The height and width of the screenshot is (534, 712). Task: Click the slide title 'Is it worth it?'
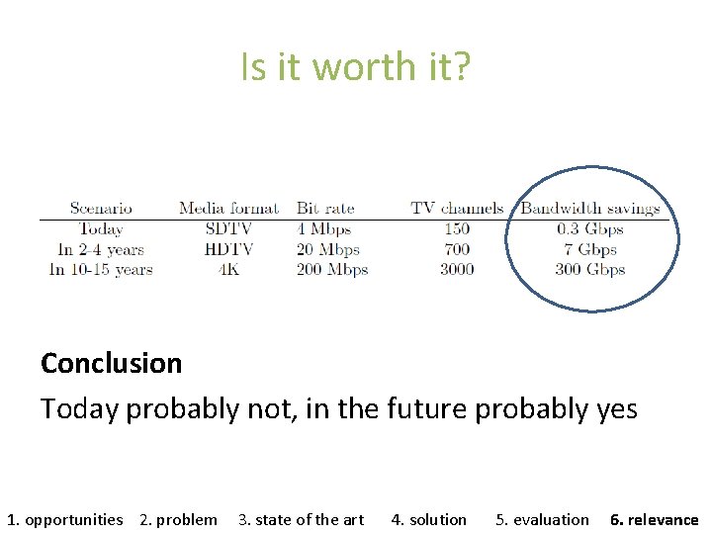pyautogui.click(x=356, y=67)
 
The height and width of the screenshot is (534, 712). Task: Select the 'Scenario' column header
pyautogui.click(x=101, y=209)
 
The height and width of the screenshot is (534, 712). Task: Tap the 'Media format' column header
pyautogui.click(x=228, y=209)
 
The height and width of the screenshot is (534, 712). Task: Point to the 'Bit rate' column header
pyautogui.click(x=325, y=209)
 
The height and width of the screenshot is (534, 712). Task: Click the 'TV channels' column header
pyautogui.click(x=457, y=209)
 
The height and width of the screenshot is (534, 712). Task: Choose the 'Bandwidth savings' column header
pyautogui.click(x=589, y=209)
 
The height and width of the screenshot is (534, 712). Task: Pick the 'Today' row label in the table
pyautogui.click(x=100, y=229)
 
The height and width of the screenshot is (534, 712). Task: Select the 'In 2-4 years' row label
pyautogui.click(x=100, y=249)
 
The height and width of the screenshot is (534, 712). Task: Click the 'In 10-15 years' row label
pyautogui.click(x=100, y=269)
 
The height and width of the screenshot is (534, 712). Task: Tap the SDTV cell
pyautogui.click(x=228, y=229)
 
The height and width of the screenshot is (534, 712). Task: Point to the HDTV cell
pyautogui.click(x=228, y=249)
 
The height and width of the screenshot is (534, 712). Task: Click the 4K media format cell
pyautogui.click(x=228, y=269)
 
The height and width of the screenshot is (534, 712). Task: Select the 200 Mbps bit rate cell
pyautogui.click(x=332, y=269)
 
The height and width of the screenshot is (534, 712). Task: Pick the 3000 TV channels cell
pyautogui.click(x=457, y=269)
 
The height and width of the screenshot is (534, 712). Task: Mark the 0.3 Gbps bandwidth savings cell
pyautogui.click(x=590, y=229)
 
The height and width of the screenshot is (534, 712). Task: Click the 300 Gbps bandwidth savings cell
pyautogui.click(x=590, y=269)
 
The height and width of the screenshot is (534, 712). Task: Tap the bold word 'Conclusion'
pyautogui.click(x=111, y=363)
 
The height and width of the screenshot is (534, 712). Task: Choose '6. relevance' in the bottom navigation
pyautogui.click(x=654, y=519)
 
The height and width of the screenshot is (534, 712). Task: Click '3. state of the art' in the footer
pyautogui.click(x=301, y=519)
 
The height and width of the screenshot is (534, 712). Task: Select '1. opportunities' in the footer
pyautogui.click(x=65, y=519)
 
